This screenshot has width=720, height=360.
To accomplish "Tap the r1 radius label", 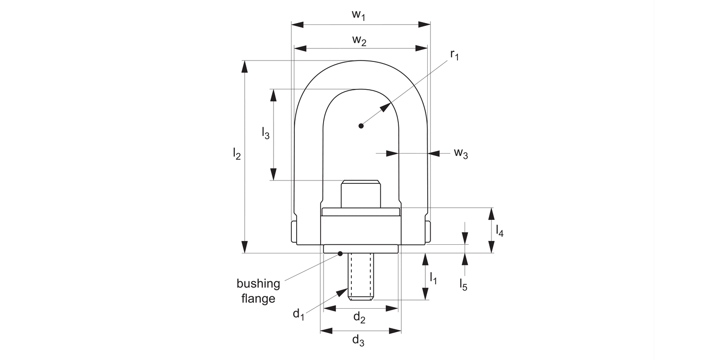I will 454,56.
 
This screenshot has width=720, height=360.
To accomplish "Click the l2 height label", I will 237,154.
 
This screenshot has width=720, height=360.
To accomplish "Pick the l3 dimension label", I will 265,133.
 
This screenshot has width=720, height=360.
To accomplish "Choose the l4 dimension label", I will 500,231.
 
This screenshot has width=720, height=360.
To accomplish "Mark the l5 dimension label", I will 463,284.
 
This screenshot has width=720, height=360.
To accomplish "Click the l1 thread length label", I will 433,277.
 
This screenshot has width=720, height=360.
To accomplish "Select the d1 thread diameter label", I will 299,314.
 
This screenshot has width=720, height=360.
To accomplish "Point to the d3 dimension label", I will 359,341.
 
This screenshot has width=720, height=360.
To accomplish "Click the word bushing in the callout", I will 258,284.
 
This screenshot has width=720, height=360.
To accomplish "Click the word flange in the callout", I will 259,299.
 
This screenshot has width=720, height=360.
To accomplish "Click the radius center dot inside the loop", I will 361,126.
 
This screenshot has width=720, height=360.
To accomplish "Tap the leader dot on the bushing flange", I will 340,253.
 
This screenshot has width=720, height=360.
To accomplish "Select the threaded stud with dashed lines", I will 361,277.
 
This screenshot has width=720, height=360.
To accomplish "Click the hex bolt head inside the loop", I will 360,194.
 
